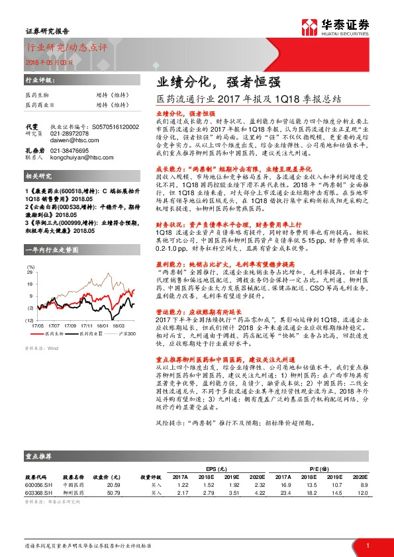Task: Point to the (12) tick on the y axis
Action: (x=29, y=302)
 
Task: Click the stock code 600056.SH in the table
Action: (x=38, y=484)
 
